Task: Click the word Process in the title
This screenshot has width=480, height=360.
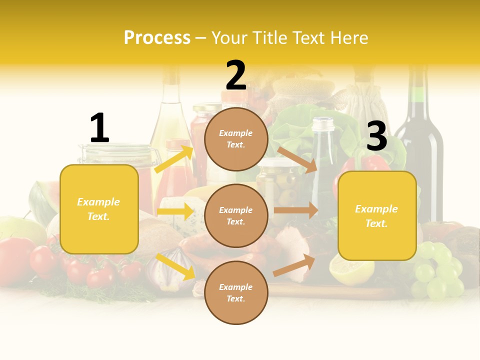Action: point(157,37)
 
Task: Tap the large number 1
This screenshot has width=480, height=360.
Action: point(99,128)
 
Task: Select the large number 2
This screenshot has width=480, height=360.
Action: point(236,76)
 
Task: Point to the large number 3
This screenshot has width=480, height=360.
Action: point(376,136)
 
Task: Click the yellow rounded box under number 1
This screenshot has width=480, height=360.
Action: point(99,209)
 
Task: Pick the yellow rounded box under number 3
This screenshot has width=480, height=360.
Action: point(377,216)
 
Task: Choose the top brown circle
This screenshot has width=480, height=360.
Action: point(236,139)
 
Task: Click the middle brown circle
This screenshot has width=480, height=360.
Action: point(236,216)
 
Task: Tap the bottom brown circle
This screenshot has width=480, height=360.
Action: point(236,293)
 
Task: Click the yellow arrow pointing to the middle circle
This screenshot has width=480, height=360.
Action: point(175,211)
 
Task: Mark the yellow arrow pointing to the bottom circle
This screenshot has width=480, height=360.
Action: point(175,266)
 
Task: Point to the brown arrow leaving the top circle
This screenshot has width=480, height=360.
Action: point(297,159)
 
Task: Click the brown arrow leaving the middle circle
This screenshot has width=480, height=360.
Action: point(295,210)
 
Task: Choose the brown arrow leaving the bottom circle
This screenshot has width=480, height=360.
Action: point(294,265)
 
